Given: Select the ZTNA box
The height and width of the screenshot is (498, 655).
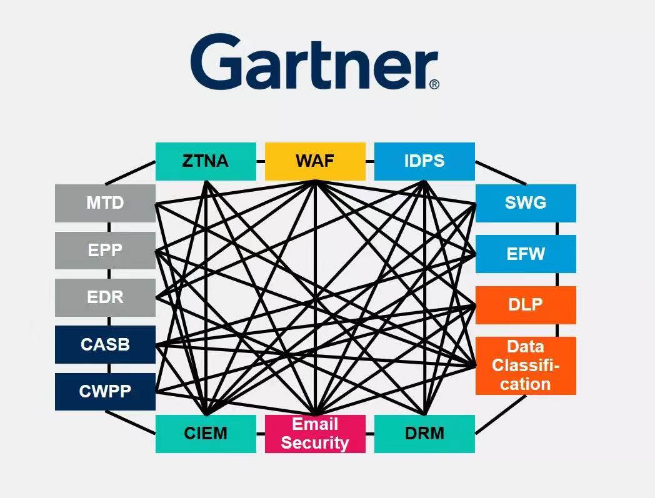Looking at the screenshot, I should coord(206,161).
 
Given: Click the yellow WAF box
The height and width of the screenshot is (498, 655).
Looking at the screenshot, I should coord(315,161).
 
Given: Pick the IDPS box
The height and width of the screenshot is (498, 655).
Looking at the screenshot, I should coord(424,161).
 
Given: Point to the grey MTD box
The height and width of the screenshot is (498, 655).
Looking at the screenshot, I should coord(105,203).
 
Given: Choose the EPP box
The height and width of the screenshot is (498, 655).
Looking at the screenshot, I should coord(105,251).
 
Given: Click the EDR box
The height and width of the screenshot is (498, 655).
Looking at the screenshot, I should coord(105,297).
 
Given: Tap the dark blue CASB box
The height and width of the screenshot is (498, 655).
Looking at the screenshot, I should coord(105,344).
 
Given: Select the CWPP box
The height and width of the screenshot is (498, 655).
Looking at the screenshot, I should coord(105,392).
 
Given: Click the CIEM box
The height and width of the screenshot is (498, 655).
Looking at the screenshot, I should coord(206,434).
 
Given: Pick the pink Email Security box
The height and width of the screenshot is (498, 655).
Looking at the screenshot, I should coord(315,434).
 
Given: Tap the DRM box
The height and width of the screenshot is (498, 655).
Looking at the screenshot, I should coord(424,434).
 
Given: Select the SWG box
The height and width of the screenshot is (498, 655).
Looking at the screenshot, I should coord(526,203).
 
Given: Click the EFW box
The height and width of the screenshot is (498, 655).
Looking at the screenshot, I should coord(526,254).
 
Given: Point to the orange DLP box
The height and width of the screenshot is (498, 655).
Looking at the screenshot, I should coord(526,305).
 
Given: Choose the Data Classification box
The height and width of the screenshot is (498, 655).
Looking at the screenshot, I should coord(526,366).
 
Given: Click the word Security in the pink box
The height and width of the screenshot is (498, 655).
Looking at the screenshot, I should coord(315,443).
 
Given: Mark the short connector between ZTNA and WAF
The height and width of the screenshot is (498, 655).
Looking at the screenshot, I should coord(261,161).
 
